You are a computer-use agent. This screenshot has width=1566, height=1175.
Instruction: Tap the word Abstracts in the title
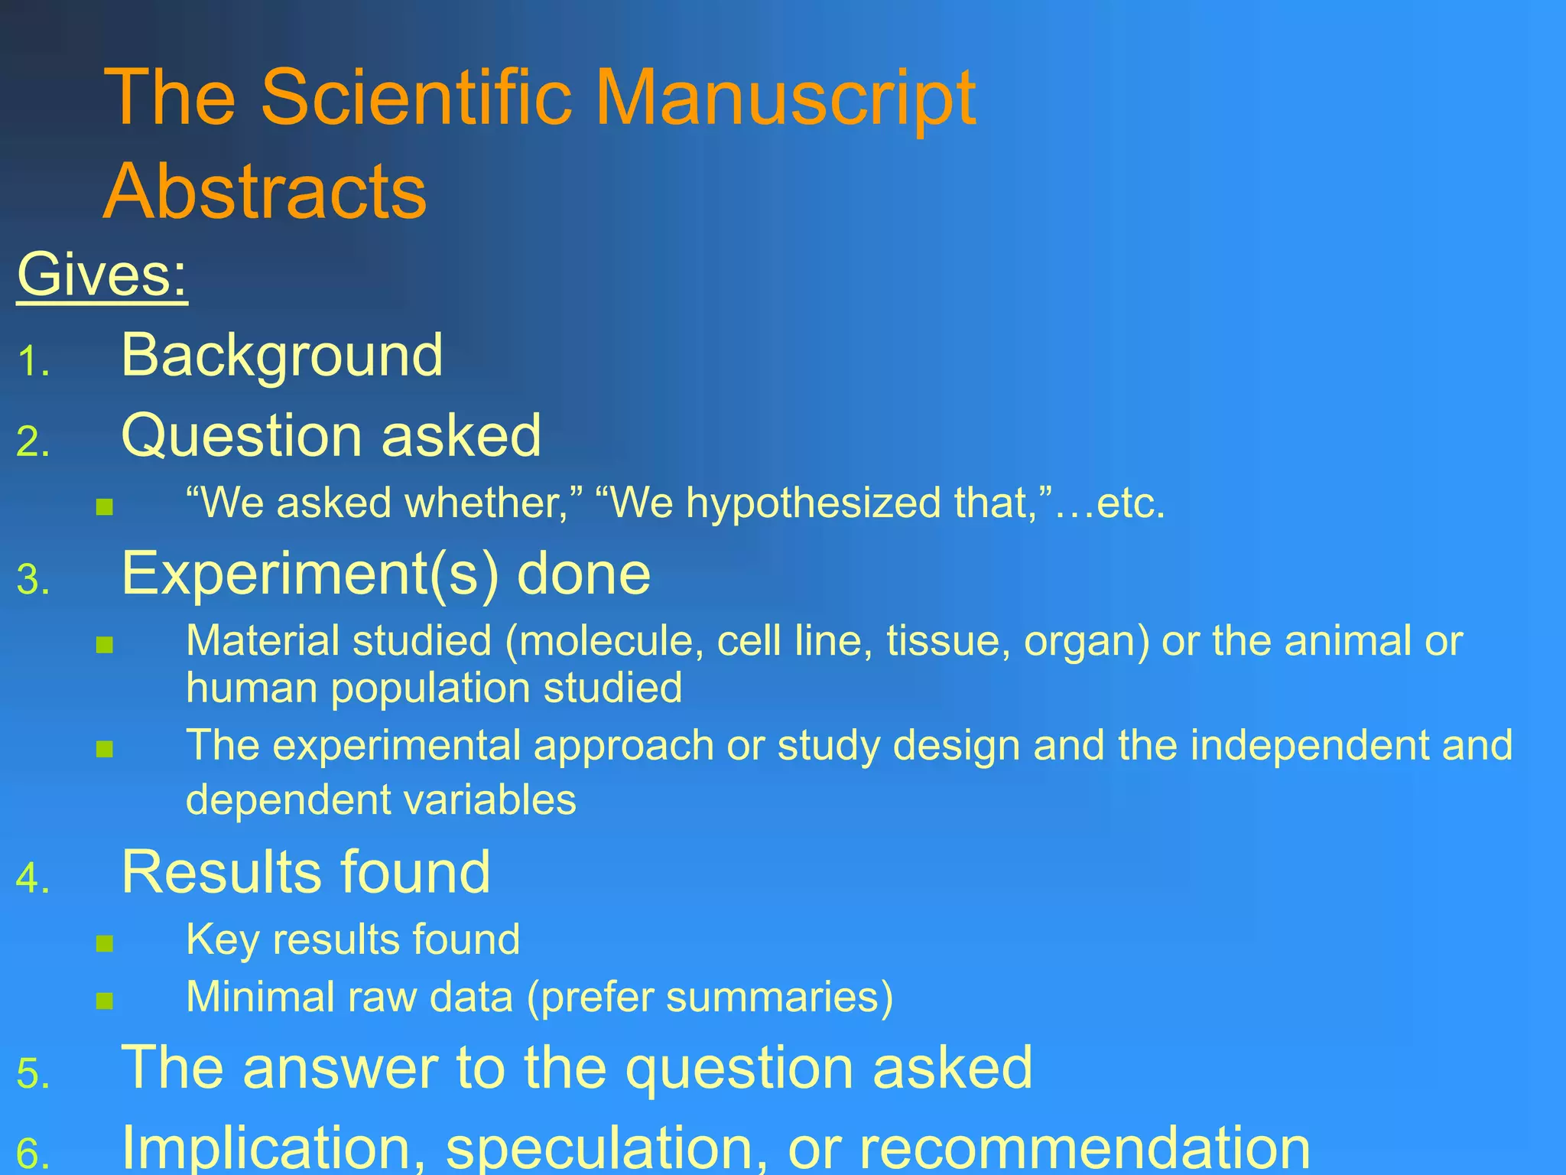(265, 191)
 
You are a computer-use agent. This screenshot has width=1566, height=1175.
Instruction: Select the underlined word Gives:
(102, 275)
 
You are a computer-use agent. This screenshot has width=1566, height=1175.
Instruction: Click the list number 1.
(32, 362)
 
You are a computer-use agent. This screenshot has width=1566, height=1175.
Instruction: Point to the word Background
(281, 356)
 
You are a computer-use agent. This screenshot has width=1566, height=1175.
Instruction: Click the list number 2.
(32, 442)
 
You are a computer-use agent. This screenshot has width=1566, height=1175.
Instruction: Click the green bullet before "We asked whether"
(105, 506)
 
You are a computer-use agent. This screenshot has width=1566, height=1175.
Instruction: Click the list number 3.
(32, 580)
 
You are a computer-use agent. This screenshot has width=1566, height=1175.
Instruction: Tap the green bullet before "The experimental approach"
(105, 748)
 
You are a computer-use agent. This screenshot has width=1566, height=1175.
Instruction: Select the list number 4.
(32, 878)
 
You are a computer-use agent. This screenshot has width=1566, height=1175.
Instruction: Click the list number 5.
(32, 1074)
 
